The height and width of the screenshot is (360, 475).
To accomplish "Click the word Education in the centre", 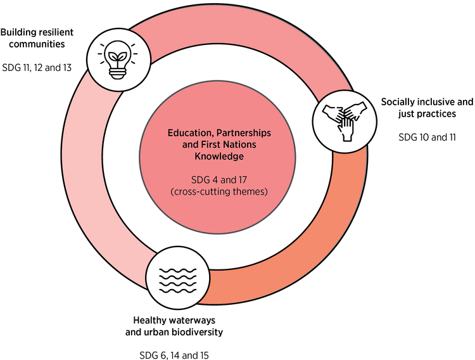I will tap(187, 134).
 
